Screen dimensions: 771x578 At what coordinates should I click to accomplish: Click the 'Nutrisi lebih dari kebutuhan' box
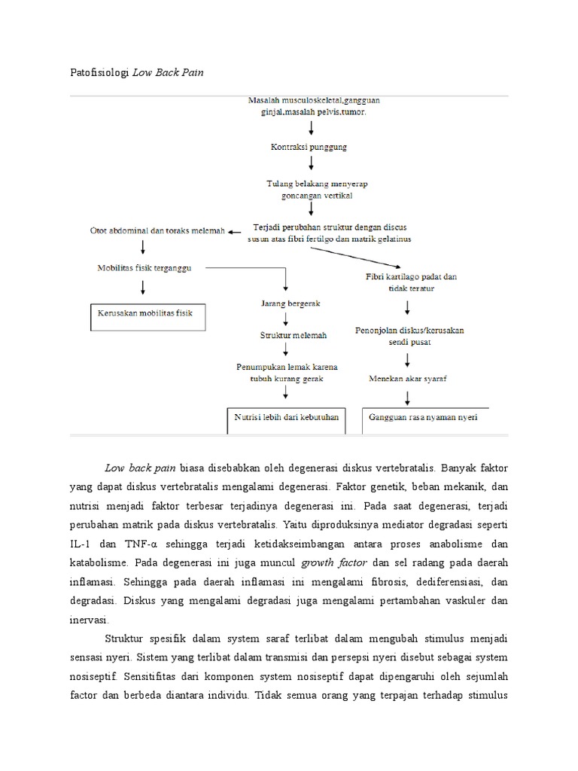[286, 417]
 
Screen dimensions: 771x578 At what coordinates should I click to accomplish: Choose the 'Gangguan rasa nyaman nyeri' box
[423, 417]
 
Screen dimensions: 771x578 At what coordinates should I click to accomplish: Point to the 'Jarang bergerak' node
[286, 303]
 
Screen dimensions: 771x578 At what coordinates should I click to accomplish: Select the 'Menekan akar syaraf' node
[407, 378]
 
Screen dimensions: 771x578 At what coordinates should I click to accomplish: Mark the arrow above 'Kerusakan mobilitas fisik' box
[142, 288]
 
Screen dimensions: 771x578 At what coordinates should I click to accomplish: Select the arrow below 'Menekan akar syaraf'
[407, 395]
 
